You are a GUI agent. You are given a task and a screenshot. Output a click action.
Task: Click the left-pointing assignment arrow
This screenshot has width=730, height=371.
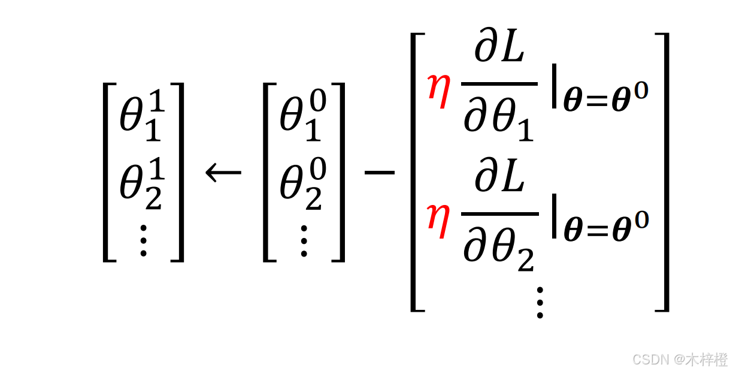(x=223, y=173)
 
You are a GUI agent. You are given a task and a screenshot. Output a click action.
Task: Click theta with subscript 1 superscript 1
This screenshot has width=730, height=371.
(x=141, y=116)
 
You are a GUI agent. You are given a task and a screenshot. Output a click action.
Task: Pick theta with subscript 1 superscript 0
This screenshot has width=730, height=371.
(x=302, y=116)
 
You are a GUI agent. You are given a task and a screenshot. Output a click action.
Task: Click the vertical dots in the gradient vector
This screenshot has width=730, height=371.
(x=539, y=301)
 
